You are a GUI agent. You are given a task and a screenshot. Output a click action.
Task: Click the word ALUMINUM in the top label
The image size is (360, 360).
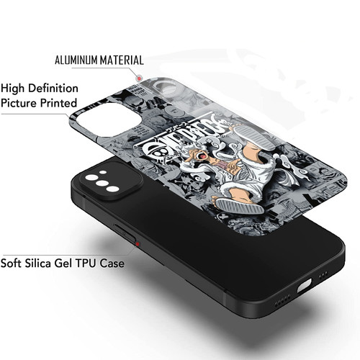click(76, 60)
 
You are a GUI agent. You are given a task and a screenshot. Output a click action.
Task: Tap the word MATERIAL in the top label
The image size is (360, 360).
click(122, 60)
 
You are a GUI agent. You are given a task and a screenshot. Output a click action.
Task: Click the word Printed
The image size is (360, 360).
click(58, 103)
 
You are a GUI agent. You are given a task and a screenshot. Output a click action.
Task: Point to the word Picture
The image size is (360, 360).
click(19, 103)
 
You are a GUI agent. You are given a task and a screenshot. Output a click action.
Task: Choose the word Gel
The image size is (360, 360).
click(63, 263)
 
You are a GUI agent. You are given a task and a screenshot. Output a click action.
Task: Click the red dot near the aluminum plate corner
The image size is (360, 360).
click(139, 78)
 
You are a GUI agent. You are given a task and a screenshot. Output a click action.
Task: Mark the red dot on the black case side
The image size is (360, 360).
click(138, 244)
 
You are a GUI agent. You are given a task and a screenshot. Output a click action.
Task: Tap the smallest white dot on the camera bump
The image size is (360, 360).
click(103, 172)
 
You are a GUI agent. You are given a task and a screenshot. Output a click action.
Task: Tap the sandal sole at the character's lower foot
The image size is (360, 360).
click(240, 207)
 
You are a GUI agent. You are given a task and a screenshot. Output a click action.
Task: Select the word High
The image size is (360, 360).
click(12, 88)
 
